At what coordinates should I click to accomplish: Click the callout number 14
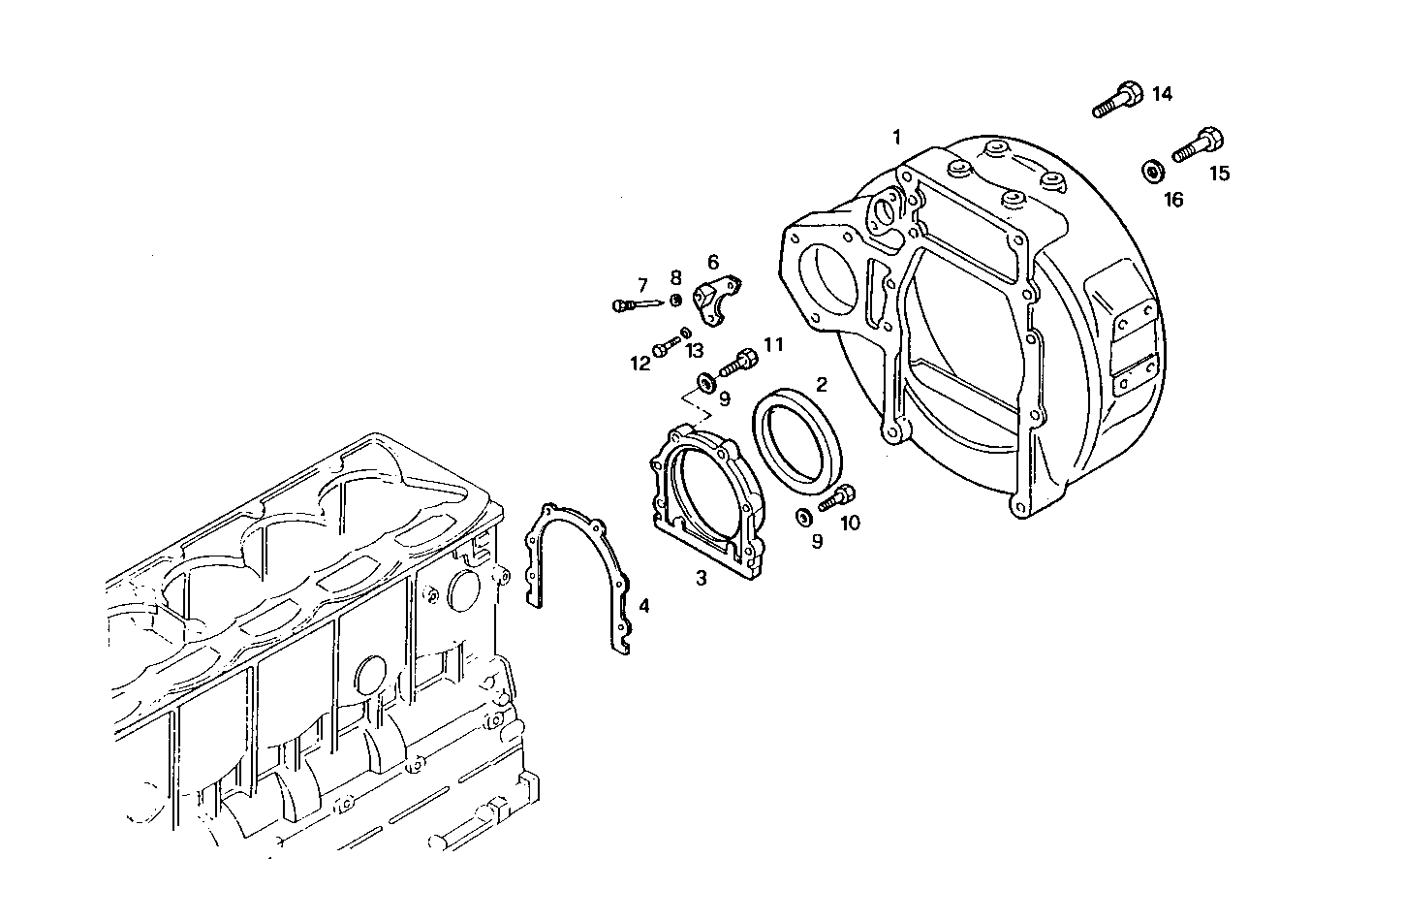tap(1162, 94)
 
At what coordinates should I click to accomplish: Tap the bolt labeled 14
tap(1117, 100)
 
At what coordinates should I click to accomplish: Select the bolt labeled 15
tap(1197, 144)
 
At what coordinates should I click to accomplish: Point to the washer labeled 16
tap(1153, 171)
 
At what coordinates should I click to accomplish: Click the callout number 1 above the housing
tap(896, 136)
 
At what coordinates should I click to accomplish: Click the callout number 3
tap(702, 579)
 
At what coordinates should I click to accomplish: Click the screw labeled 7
tap(635, 304)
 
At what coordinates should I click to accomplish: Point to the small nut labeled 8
tap(676, 299)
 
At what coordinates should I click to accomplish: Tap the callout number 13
tap(695, 350)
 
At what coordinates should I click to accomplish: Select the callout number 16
tap(1172, 200)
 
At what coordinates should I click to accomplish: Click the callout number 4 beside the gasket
tap(643, 607)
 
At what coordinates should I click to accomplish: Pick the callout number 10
tap(849, 524)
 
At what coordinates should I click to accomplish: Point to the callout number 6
tap(713, 262)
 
